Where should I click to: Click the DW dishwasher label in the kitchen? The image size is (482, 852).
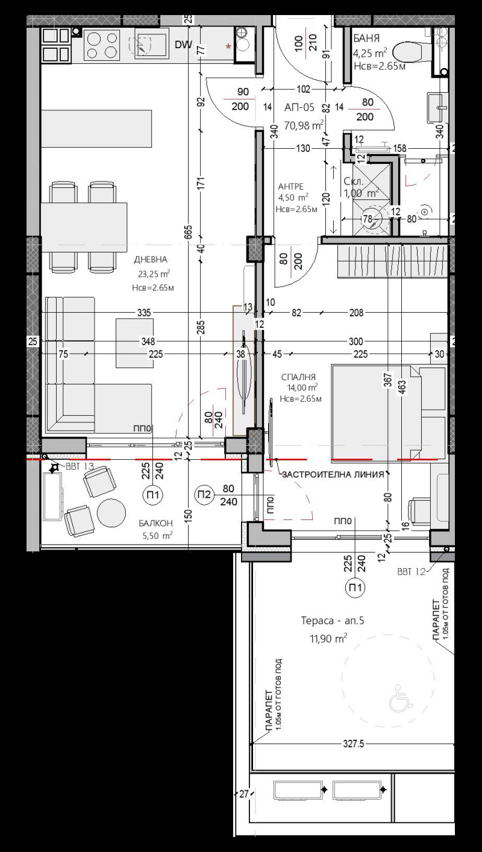click(183, 44)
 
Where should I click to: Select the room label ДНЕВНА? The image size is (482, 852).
click(151, 260)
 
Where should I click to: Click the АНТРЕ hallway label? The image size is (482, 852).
click(291, 186)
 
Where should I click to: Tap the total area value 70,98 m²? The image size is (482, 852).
click(304, 125)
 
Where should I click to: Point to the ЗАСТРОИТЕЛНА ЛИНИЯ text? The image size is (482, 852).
click(333, 475)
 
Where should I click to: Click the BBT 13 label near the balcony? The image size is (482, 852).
click(80, 466)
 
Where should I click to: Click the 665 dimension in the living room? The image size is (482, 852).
click(189, 232)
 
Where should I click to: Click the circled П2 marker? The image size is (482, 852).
click(204, 495)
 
